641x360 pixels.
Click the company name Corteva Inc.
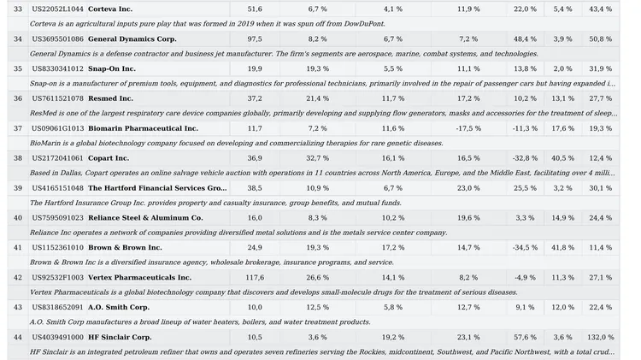(x=110, y=9)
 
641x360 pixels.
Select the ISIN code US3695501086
(x=57, y=38)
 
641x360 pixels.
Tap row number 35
(x=17, y=68)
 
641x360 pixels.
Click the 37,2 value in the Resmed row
(x=255, y=98)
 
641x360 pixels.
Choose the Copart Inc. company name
(x=109, y=158)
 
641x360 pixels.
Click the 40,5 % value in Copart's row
(x=562, y=158)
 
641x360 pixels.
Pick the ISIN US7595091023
(x=57, y=218)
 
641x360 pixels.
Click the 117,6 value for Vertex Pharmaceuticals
(x=255, y=277)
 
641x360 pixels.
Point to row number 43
(x=17, y=307)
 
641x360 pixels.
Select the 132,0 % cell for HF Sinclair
(x=601, y=337)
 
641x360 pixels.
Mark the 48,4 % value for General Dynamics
(x=525, y=38)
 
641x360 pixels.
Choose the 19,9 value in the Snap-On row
(x=255, y=68)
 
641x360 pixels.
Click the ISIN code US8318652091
(x=57, y=307)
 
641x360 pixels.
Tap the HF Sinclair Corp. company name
(x=119, y=337)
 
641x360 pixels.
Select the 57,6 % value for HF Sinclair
(x=525, y=337)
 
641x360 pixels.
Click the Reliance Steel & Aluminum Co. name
(x=145, y=218)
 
